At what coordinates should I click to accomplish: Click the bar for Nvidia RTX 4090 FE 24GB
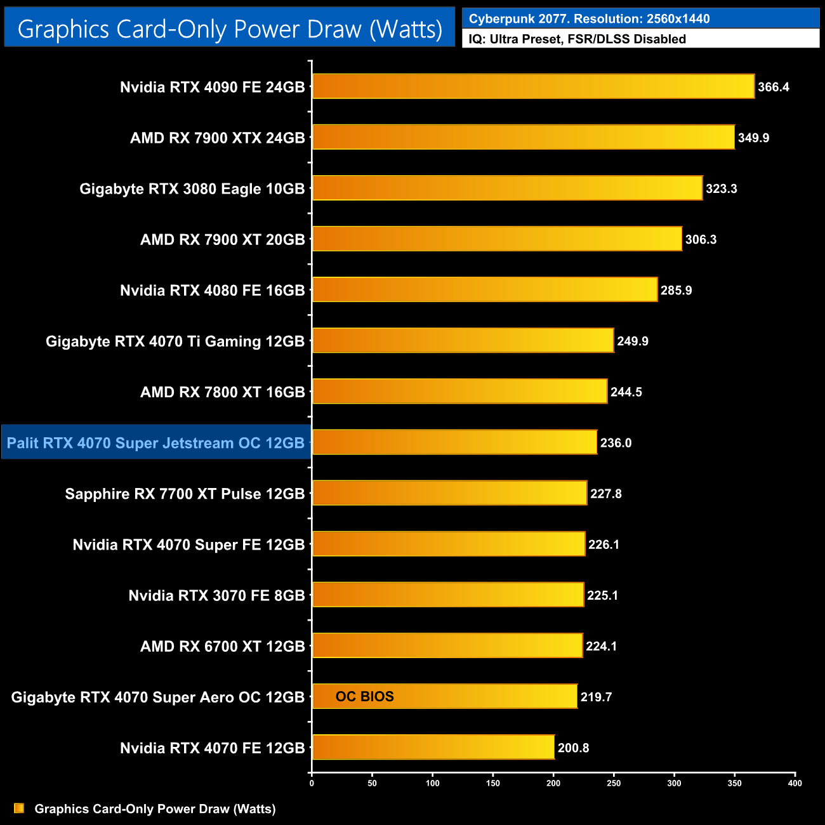click(x=533, y=86)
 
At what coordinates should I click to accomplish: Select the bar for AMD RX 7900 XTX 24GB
click(x=524, y=137)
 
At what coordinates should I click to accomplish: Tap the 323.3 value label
click(x=722, y=188)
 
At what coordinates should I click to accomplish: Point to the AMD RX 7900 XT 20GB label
click(x=223, y=240)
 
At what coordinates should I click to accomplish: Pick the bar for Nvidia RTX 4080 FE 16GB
click(x=485, y=289)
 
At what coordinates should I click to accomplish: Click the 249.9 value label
click(x=633, y=341)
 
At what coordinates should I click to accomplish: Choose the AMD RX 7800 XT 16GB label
click(x=223, y=392)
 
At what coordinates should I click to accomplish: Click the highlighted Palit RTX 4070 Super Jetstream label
click(x=156, y=443)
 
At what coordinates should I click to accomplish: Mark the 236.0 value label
click(x=616, y=443)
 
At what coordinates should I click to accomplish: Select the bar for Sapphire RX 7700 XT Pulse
click(x=450, y=493)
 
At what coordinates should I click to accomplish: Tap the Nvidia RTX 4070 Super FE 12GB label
click(x=189, y=544)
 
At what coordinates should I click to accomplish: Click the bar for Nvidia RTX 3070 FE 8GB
click(x=448, y=595)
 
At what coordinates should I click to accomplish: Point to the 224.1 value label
click(x=601, y=646)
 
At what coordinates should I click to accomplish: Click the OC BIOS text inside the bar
click(x=365, y=697)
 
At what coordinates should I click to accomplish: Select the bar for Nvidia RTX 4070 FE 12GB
click(x=433, y=747)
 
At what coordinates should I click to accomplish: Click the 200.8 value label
click(x=573, y=748)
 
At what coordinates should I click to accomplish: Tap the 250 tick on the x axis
click(x=614, y=783)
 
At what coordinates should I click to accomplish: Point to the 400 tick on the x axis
click(x=795, y=783)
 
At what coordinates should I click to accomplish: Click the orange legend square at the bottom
click(x=19, y=808)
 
